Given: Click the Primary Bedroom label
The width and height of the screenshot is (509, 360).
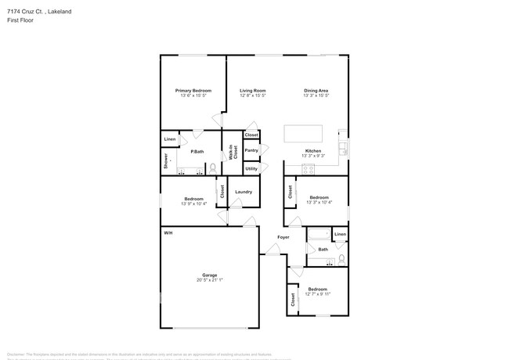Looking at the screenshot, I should pos(193,91).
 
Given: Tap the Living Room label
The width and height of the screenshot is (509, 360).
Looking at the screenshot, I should pos(253,91).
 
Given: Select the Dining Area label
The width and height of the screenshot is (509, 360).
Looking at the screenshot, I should pos(316,91).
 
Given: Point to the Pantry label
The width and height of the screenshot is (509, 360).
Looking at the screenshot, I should pos(251,150).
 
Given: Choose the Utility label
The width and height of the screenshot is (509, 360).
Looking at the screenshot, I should pos(251,168).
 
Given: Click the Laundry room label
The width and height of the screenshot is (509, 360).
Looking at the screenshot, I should pos(243,192).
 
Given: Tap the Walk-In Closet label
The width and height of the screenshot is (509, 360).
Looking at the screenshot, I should pos(233,153).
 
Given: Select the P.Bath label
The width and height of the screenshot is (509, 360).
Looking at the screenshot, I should pos(197,151).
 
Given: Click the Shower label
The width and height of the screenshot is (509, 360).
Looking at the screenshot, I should pos(166,161).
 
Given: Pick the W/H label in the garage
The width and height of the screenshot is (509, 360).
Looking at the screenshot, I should pos(168,234).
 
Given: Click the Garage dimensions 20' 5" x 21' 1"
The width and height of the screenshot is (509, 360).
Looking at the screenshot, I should pos(209,280).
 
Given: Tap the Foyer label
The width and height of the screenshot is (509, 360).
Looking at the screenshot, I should pos(283,237).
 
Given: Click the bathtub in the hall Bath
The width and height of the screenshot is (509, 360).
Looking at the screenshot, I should pos(318,235).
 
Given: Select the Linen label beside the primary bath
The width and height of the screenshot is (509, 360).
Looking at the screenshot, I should pos(170,139).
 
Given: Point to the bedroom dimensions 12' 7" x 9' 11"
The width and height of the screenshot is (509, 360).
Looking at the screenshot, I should pos(318,294).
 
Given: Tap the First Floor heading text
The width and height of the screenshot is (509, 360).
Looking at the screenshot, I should pos(20,20).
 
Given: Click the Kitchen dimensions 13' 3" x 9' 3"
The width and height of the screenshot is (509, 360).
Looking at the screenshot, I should pos(312,156).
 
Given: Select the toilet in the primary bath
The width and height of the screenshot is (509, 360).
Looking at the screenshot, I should pos(212,167).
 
